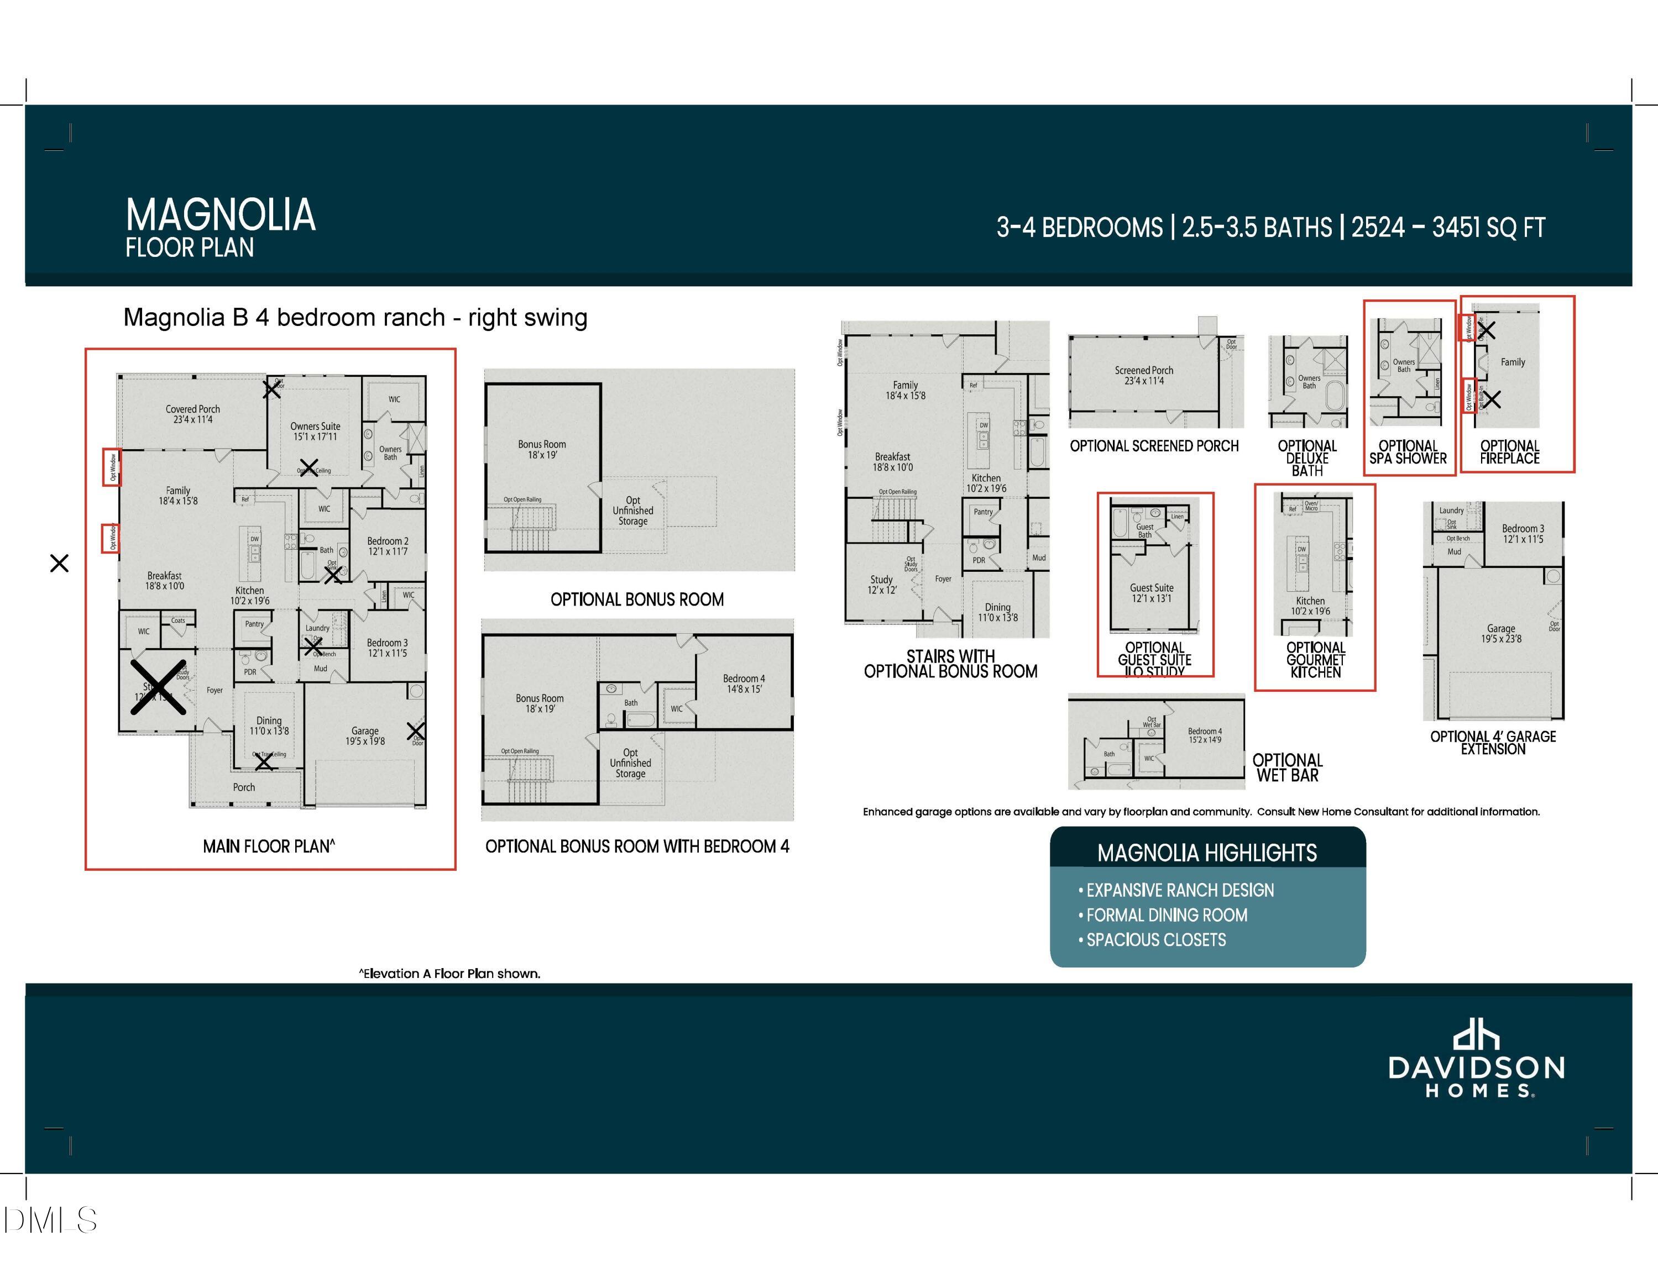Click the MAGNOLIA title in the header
[x=220, y=215]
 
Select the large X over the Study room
[x=159, y=687]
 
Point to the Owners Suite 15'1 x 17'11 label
[x=315, y=431]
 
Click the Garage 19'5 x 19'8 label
[x=364, y=735]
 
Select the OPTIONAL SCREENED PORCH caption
[x=1154, y=446]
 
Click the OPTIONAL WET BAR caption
[x=1288, y=767]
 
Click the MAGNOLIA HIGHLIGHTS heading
[x=1206, y=853]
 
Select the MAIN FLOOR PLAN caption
[x=269, y=846]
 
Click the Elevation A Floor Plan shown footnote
[x=449, y=974]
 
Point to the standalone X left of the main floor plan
[x=59, y=563]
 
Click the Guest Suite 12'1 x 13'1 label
[x=1151, y=593]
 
